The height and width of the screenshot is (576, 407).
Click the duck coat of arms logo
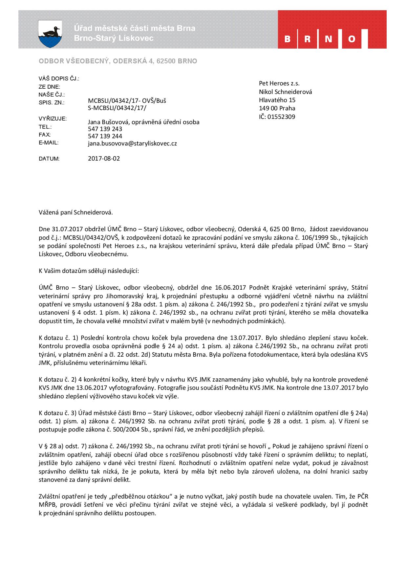[50, 33]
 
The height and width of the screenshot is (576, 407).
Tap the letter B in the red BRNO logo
[288, 39]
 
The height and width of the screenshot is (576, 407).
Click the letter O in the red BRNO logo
[352, 39]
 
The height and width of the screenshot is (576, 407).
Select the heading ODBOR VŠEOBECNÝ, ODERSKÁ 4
[118, 61]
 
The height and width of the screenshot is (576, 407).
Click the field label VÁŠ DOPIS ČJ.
[59, 79]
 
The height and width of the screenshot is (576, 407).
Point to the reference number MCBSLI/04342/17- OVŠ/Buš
[127, 101]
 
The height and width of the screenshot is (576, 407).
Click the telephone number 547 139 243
[105, 129]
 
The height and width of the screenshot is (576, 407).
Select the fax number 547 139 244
[105, 136]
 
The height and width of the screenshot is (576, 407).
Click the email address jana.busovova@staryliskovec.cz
[132, 144]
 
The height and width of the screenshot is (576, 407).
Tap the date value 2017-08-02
[104, 159]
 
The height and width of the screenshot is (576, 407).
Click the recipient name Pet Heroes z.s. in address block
[279, 83]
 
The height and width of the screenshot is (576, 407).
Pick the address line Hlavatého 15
[277, 100]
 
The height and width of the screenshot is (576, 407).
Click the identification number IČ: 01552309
[277, 117]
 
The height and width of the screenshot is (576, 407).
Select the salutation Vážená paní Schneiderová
[76, 212]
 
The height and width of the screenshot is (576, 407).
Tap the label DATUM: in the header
[49, 159]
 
